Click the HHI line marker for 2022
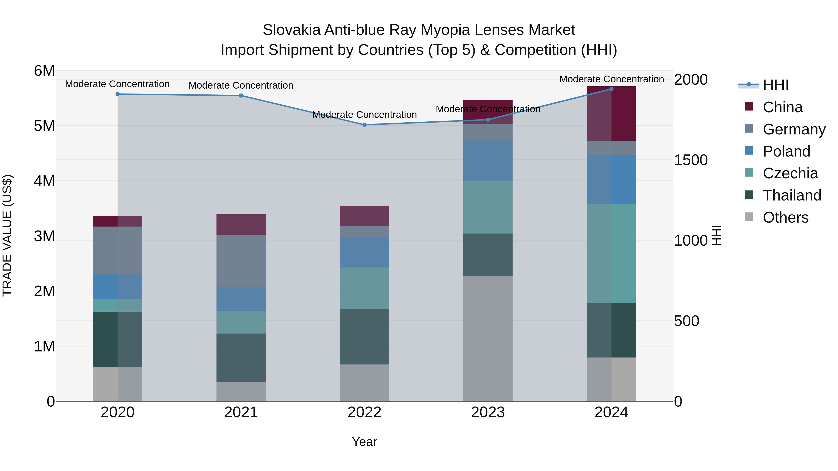pyautogui.click(x=364, y=125)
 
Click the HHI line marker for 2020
pyautogui.click(x=118, y=94)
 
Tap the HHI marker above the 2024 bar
pyautogui.click(x=611, y=89)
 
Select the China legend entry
pyautogui.click(x=782, y=107)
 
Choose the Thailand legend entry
pyautogui.click(x=792, y=195)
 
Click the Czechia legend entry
pyautogui.click(x=790, y=173)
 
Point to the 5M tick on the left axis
pyautogui.click(x=44, y=126)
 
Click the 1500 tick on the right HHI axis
pyautogui.click(x=691, y=160)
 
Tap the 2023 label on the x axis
pyautogui.click(x=488, y=412)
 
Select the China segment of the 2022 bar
pyautogui.click(x=364, y=216)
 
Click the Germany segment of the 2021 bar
pyautogui.click(x=241, y=261)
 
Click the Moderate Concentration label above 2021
pyautogui.click(x=241, y=86)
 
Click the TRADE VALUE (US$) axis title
pyautogui.click(x=7, y=235)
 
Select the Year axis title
pyautogui.click(x=364, y=442)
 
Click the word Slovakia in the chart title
pyautogui.click(x=291, y=30)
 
